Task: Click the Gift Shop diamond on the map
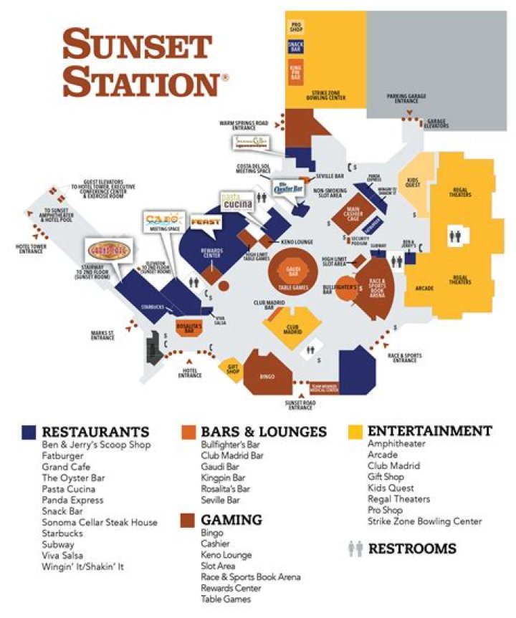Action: [x=233, y=368]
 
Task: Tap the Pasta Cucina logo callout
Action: [x=237, y=201]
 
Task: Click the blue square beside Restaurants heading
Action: [x=29, y=432]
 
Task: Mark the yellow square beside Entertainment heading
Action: [x=355, y=432]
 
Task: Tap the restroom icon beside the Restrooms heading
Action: [x=355, y=549]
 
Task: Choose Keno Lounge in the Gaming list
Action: [x=226, y=554]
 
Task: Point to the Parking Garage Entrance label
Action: [x=406, y=97]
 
